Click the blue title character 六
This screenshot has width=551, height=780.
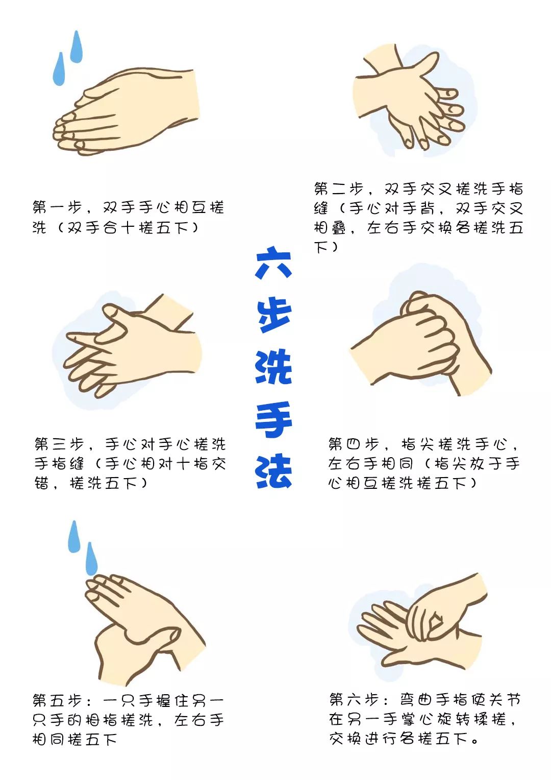(x=273, y=263)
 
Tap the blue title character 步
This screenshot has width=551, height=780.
(x=273, y=315)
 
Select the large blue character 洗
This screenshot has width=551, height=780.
(x=273, y=367)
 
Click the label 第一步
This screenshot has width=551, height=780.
(x=57, y=207)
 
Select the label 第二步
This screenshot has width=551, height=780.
(x=339, y=188)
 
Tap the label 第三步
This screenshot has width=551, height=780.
(x=59, y=444)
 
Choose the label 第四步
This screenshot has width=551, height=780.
(x=354, y=444)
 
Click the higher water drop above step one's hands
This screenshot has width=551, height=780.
(x=76, y=47)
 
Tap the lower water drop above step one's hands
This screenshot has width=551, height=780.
(x=59, y=69)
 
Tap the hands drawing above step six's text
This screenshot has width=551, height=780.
(x=421, y=623)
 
